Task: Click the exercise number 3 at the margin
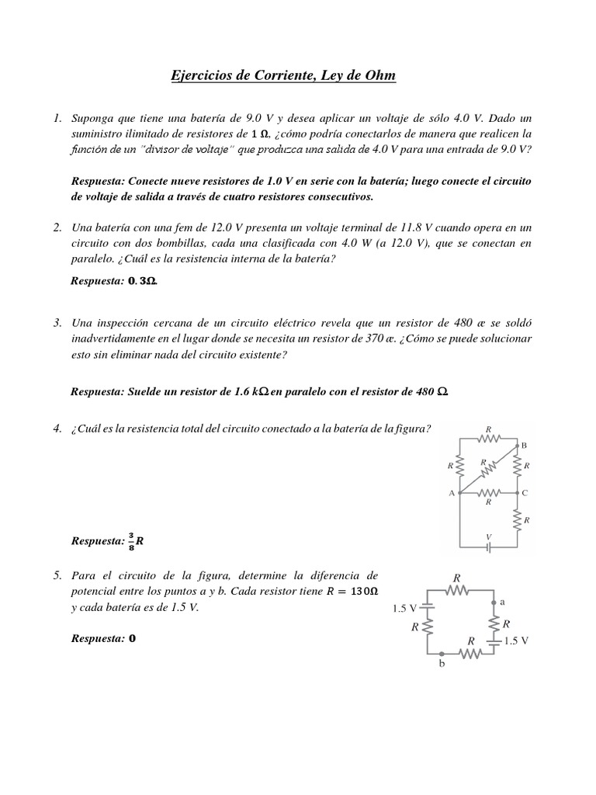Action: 57,322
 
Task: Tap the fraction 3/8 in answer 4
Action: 131,541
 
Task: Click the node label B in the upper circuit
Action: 524,445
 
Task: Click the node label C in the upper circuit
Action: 525,492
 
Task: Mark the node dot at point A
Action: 461,492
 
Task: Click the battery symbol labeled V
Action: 489,547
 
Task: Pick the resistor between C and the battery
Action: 518,519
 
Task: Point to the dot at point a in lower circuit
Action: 494,601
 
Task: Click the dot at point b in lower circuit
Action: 442,654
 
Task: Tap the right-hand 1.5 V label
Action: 516,641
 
